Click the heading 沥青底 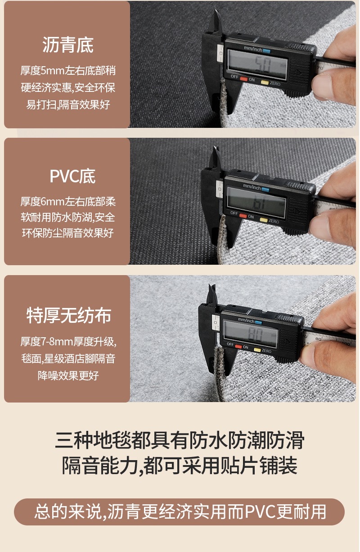point(67,46)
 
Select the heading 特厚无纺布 point(68,316)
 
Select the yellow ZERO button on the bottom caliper point(257,350)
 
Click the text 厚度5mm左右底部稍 point(68,71)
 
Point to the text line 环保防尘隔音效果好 point(68,233)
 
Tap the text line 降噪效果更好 point(68,375)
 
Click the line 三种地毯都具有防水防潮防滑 point(180,440)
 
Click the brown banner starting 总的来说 point(180,512)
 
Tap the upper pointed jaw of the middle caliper point(217,155)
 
